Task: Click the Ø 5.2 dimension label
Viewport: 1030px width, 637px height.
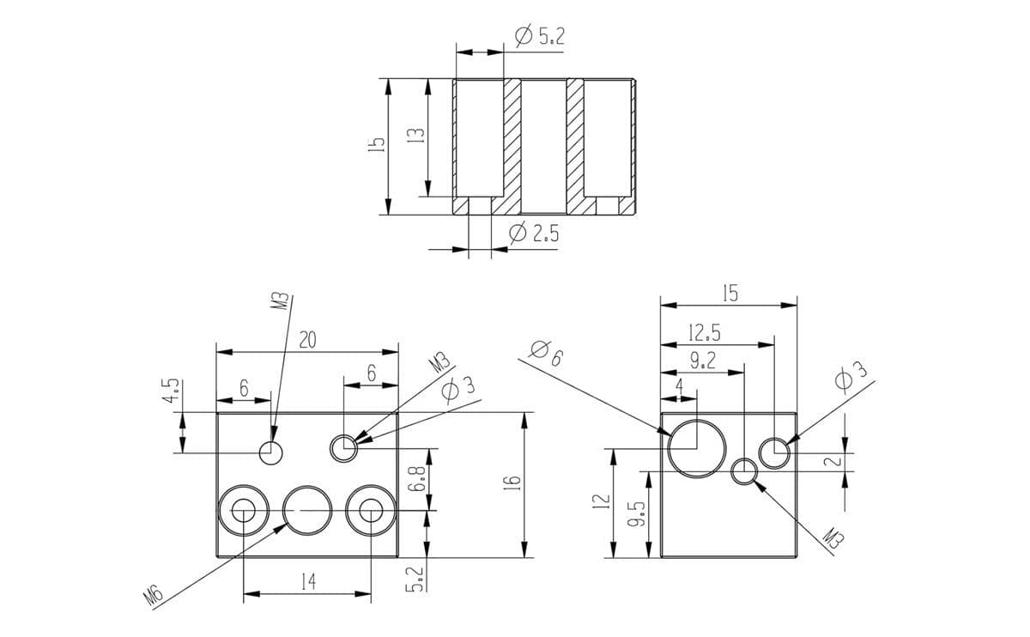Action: point(539,36)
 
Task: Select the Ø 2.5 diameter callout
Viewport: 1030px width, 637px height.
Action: point(534,233)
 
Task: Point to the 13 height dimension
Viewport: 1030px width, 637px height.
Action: point(416,136)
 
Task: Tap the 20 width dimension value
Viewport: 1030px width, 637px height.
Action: point(307,340)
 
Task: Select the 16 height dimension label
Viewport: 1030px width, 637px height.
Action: point(512,484)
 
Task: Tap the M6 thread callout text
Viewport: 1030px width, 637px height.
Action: point(154,597)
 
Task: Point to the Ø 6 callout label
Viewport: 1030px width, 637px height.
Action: point(546,352)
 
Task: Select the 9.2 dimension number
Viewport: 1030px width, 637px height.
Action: point(702,361)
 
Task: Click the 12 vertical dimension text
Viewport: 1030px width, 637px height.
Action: point(601,499)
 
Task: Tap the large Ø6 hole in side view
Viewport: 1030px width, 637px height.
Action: point(696,448)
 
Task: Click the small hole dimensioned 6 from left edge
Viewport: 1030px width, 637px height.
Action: point(271,452)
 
